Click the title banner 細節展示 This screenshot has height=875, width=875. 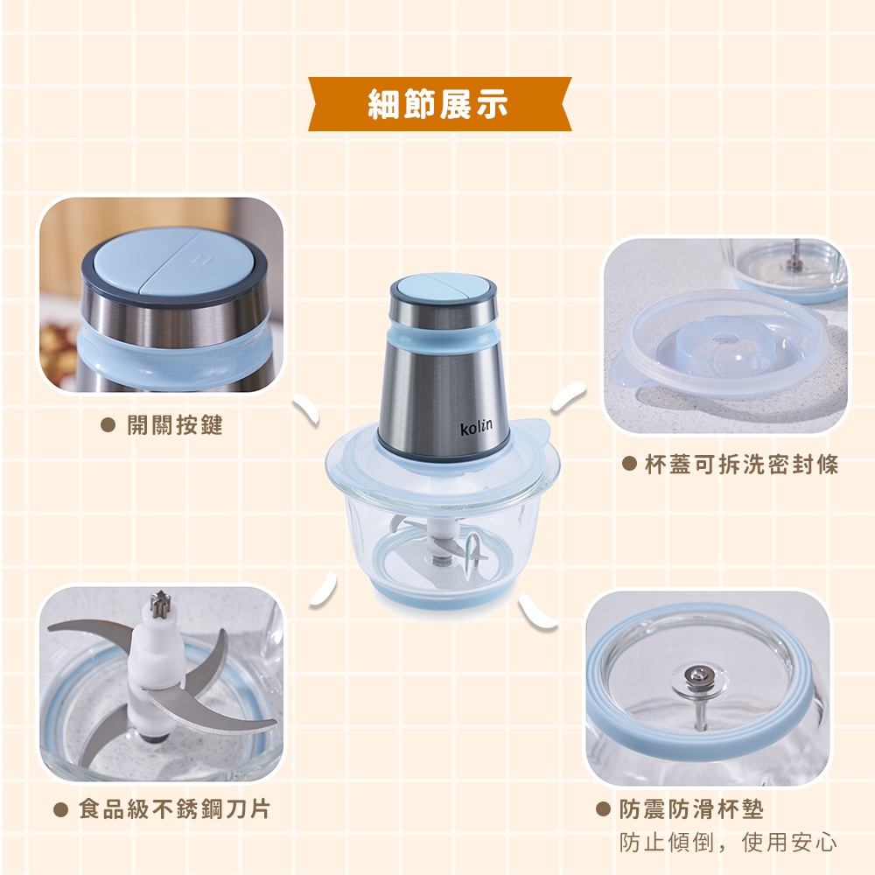tap(440, 104)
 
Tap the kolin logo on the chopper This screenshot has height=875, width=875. tap(476, 427)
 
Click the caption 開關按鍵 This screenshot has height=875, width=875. tap(175, 425)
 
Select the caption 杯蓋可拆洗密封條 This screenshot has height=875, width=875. tap(742, 465)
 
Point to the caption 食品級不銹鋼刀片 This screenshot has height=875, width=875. tap(175, 809)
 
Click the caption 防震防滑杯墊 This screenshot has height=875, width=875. tap(691, 809)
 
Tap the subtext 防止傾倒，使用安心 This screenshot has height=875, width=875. tap(728, 842)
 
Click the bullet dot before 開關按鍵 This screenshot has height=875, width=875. tap(108, 425)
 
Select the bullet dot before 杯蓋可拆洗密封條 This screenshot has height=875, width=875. tap(629, 464)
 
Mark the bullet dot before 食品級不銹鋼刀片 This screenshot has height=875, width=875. tap(60, 809)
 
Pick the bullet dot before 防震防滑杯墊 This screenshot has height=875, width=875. tap(603, 809)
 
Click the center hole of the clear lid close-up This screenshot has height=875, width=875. tap(724, 339)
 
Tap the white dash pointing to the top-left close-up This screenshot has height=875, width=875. tap(305, 410)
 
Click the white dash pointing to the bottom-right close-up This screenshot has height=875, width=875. tap(537, 612)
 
